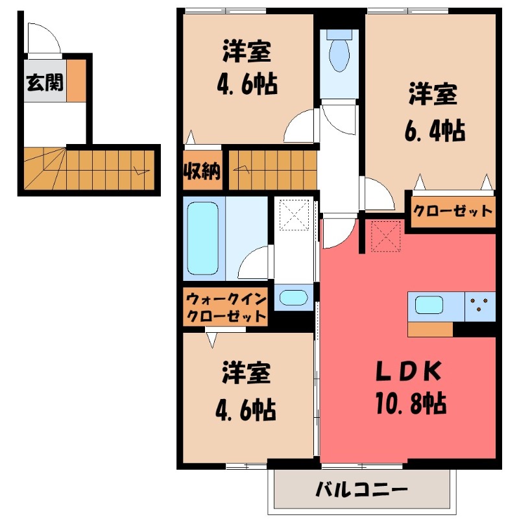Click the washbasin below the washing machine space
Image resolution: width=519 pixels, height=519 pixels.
pyautogui.click(x=293, y=298)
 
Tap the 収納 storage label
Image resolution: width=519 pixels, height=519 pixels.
pyautogui.click(x=202, y=171)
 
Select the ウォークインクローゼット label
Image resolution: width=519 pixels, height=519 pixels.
pyautogui.click(x=225, y=308)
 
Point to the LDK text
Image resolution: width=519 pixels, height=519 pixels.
pyautogui.click(x=409, y=372)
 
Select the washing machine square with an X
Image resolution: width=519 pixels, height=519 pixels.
pyautogui.click(x=294, y=213)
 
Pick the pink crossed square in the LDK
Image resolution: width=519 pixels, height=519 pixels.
pyautogui.click(x=387, y=236)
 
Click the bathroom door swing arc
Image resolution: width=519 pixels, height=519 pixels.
pyautogui.click(x=255, y=263)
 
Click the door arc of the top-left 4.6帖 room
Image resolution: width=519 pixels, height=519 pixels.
pyautogui.click(x=302, y=127)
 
